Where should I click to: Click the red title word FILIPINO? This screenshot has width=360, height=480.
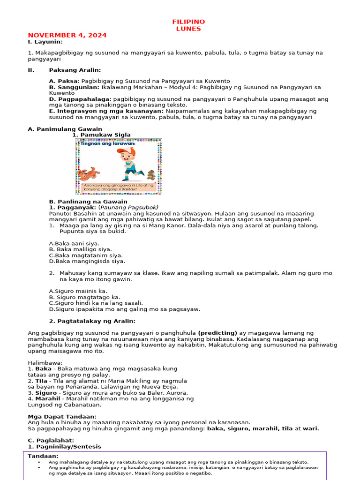coord(188,22)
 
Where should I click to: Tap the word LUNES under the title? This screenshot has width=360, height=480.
coord(188,29)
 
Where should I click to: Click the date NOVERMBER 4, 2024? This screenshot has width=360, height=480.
coord(67,35)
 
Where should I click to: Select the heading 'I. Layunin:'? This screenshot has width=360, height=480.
coord(45,42)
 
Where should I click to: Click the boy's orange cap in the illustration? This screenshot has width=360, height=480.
coord(125,151)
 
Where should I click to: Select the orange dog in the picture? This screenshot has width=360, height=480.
coord(88,173)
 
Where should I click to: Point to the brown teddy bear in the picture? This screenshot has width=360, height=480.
coord(151,175)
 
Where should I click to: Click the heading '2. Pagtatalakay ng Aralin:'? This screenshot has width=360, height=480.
coord(92,321)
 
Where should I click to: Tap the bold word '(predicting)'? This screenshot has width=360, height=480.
coord(217,333)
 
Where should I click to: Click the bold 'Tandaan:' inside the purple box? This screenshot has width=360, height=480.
coord(43,456)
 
